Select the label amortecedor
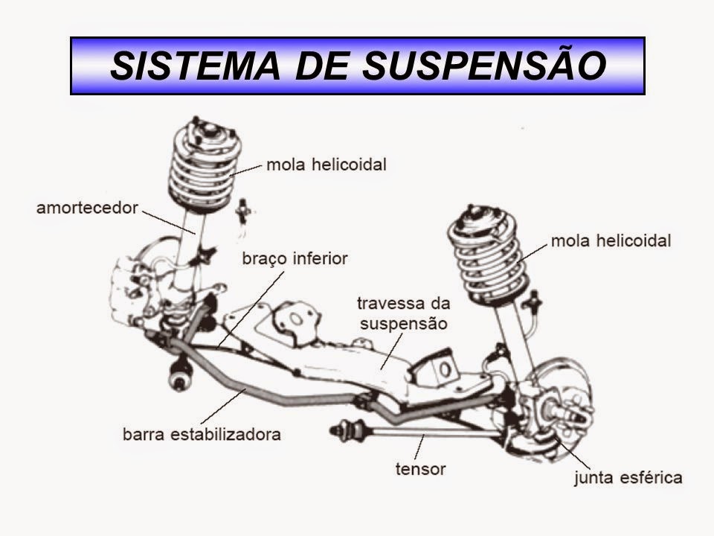[87, 208]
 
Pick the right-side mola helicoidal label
[611, 241]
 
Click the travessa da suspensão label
[402, 313]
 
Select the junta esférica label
[627, 477]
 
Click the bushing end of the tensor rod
[343, 429]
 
